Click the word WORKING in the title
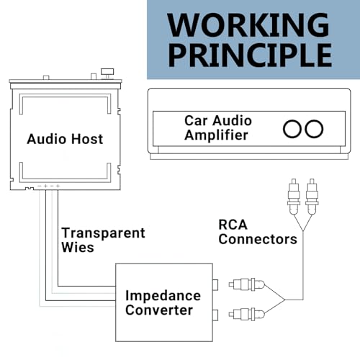pyautogui.click(x=248, y=24)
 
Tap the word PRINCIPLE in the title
pyautogui.click(x=250, y=55)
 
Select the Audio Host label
pyautogui.click(x=65, y=139)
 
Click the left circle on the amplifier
pyautogui.click(x=292, y=129)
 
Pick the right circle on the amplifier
pyautogui.click(x=314, y=129)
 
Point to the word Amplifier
pyautogui.click(x=216, y=135)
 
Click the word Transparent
pyautogui.click(x=103, y=233)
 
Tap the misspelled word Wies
pyautogui.click(x=78, y=247)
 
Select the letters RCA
pyautogui.click(x=233, y=225)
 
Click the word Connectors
pyautogui.click(x=258, y=239)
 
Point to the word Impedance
pyautogui.click(x=163, y=296)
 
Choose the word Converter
pyautogui.click(x=159, y=310)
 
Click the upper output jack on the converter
pyautogui.click(x=215, y=284)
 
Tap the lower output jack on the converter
pyautogui.click(x=215, y=315)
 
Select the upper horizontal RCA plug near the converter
pyautogui.click(x=247, y=284)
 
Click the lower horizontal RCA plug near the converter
pyautogui.click(x=247, y=314)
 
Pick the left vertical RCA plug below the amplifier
pyautogui.click(x=294, y=197)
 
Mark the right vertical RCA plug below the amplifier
pyautogui.click(x=312, y=197)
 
